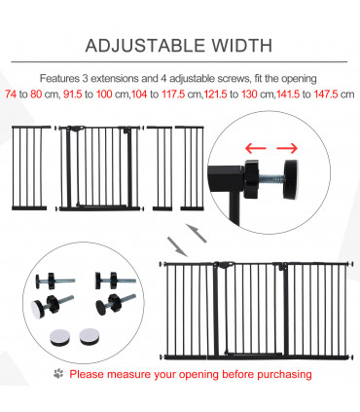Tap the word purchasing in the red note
(x=281, y=374)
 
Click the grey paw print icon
(x=57, y=374)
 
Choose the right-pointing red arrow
(x=289, y=148)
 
